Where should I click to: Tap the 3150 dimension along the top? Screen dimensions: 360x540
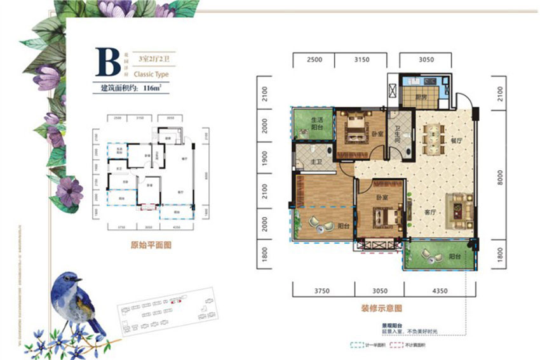coord(361,60)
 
